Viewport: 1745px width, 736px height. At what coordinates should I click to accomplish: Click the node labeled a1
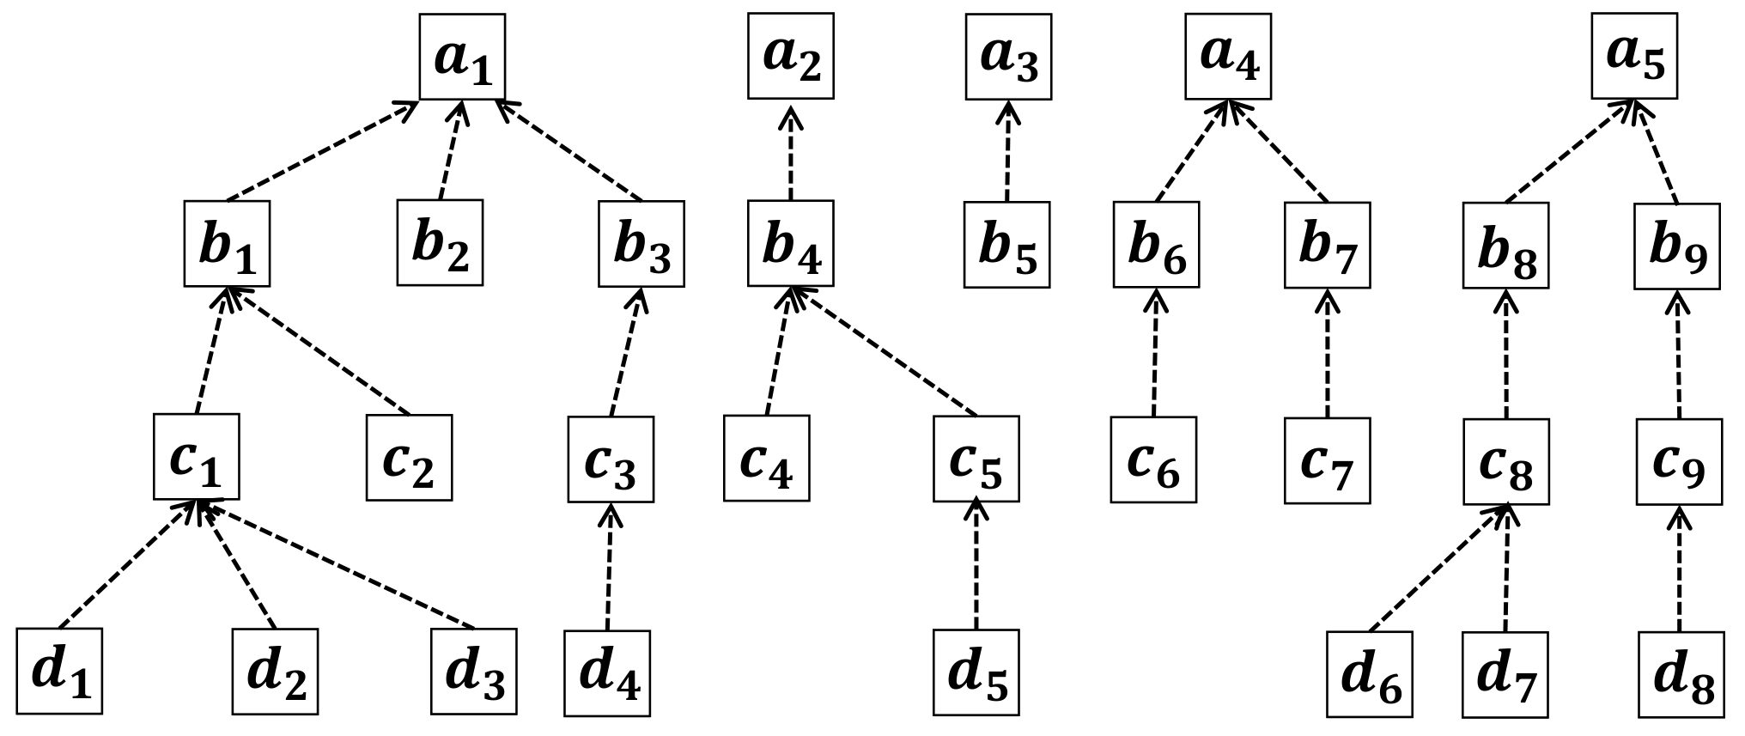(x=462, y=57)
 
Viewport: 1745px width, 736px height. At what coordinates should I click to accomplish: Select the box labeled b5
(x=1006, y=245)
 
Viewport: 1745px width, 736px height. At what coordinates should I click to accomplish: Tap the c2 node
(x=409, y=458)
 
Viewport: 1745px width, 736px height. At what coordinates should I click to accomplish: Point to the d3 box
(x=474, y=672)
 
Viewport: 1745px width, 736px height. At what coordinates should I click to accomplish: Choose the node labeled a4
(x=1228, y=57)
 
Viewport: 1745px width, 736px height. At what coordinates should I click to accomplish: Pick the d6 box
(x=1370, y=674)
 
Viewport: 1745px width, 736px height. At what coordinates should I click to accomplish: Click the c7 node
(x=1328, y=460)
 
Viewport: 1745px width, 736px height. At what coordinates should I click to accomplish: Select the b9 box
(x=1677, y=246)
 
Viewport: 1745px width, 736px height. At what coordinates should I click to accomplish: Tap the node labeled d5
(x=977, y=672)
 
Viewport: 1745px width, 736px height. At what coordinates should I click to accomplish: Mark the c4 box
(x=766, y=458)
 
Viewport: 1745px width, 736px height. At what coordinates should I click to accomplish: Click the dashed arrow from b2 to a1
(x=451, y=149)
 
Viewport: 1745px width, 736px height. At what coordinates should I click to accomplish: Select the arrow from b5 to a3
(x=1007, y=151)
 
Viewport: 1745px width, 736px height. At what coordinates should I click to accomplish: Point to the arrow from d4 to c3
(x=609, y=566)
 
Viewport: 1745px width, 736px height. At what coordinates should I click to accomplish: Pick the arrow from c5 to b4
(x=882, y=351)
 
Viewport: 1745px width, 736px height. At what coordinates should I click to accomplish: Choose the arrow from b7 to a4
(x=1279, y=151)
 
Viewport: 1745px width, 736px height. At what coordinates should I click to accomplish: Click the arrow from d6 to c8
(x=1438, y=568)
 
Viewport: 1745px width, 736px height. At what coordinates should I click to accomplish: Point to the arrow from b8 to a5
(x=1571, y=151)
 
